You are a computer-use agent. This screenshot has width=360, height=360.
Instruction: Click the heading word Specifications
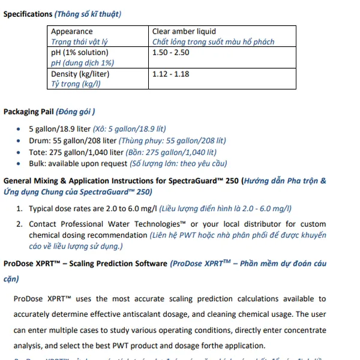click(28, 14)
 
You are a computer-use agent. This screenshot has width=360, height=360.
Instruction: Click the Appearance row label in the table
click(72, 31)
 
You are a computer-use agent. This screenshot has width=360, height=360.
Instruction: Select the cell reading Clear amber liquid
click(184, 31)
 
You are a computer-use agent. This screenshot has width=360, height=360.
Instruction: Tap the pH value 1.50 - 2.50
click(171, 52)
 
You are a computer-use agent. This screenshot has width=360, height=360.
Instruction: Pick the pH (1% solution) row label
click(80, 52)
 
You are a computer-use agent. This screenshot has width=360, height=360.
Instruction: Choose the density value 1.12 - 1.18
click(170, 74)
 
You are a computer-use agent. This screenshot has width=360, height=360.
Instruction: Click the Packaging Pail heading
click(29, 112)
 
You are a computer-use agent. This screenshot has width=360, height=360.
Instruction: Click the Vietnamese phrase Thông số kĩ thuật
click(88, 14)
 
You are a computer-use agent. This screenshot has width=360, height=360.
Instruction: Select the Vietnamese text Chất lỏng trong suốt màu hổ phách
click(213, 42)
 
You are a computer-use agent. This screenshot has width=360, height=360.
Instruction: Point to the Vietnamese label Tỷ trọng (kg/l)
click(76, 84)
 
